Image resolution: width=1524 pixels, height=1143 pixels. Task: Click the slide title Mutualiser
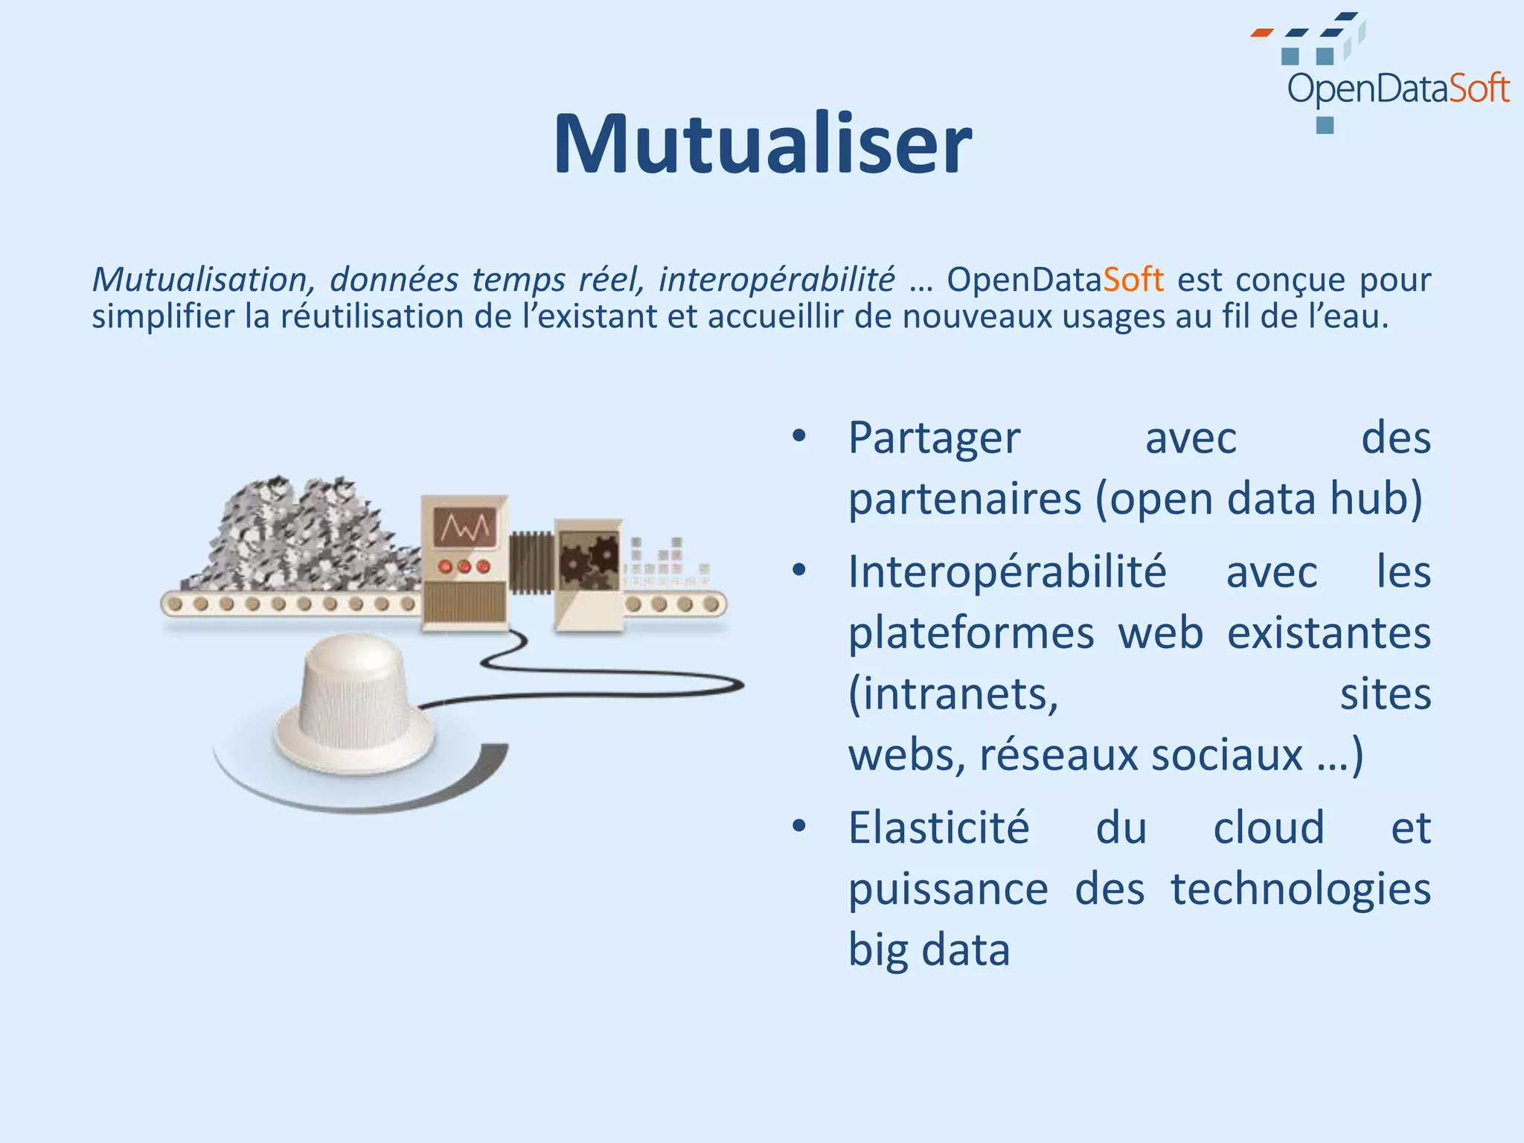click(x=762, y=144)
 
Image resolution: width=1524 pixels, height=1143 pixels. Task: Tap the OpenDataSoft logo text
click(x=1397, y=89)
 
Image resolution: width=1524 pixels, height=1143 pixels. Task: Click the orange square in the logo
click(x=1261, y=33)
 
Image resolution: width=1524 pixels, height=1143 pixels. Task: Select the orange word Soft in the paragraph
click(x=1133, y=280)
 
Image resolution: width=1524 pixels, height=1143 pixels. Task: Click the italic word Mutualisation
click(x=200, y=280)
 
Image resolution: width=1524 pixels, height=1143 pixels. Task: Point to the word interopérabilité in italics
click(x=776, y=280)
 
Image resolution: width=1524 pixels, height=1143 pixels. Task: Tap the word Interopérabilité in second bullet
click(x=1008, y=572)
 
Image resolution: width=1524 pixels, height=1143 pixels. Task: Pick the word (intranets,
click(x=953, y=694)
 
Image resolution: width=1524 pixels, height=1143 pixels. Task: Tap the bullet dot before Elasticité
click(x=799, y=826)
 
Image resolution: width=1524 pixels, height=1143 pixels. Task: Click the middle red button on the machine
click(x=464, y=567)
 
